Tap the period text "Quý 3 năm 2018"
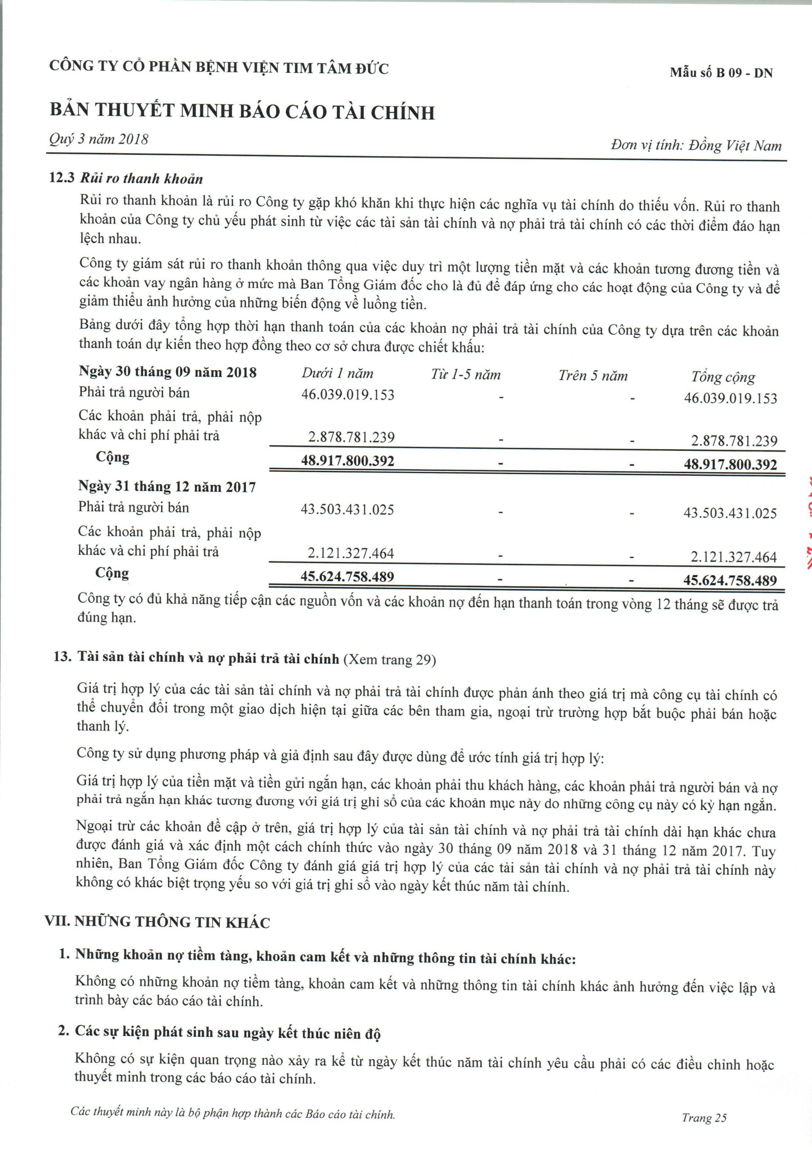[x=99, y=139]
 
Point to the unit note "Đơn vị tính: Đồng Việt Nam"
[x=696, y=146]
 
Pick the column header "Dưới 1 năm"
[x=337, y=374]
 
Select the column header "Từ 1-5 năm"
[x=465, y=375]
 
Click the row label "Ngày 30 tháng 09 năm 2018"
[x=168, y=372]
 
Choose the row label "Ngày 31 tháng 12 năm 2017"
[x=167, y=487]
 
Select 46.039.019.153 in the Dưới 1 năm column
[x=348, y=395]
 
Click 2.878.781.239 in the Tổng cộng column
[x=734, y=441]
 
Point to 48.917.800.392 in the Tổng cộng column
[x=730, y=464]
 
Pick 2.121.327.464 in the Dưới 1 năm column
[x=351, y=554]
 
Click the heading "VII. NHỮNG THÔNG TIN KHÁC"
[x=157, y=922]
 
